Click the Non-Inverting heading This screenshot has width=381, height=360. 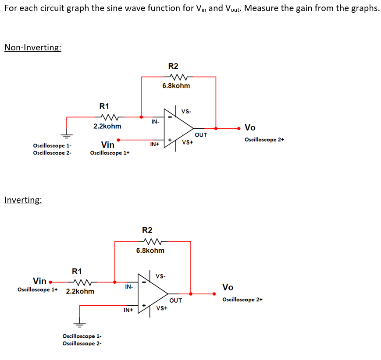click(33, 47)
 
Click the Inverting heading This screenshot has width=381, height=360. click(23, 200)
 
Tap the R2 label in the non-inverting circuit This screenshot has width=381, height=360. click(173, 66)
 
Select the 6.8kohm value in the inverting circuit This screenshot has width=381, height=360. click(150, 251)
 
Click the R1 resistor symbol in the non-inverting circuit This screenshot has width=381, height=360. click(108, 117)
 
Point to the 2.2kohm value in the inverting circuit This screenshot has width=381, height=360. click(80, 291)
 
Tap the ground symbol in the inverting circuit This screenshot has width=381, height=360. click(79, 324)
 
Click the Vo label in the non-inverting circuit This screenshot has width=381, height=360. click(250, 127)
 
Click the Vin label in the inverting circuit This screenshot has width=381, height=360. click(39, 280)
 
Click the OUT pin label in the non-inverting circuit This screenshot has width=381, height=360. click(201, 135)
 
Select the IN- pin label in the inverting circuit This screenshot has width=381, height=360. click(129, 287)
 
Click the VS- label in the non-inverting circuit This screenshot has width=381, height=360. click(186, 111)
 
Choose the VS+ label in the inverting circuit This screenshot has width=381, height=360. click(161, 308)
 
